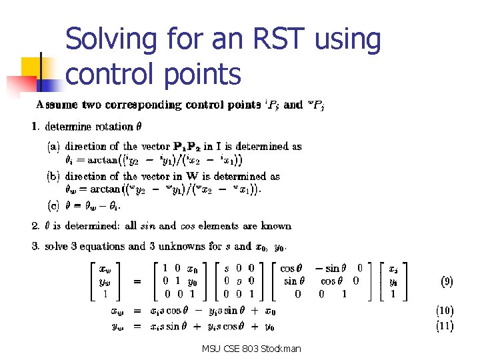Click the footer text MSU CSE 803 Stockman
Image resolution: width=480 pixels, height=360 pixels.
coord(253,348)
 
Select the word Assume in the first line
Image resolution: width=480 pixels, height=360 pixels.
coord(55,105)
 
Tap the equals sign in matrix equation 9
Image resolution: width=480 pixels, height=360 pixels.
coord(137,282)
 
